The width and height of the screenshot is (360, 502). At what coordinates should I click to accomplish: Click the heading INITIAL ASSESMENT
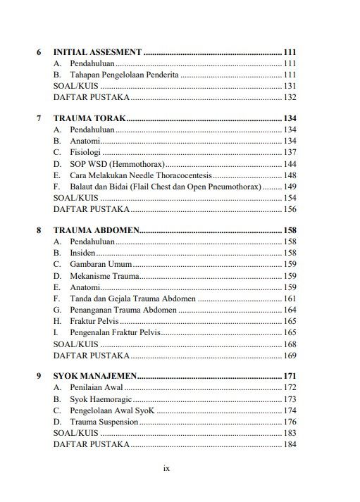tap(98, 52)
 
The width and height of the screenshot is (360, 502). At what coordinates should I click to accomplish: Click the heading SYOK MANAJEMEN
tap(95, 377)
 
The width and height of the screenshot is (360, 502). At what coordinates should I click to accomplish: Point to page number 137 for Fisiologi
tap(290, 152)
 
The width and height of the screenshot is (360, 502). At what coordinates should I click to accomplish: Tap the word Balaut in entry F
tap(82, 187)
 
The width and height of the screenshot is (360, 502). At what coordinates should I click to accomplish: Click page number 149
tap(290, 187)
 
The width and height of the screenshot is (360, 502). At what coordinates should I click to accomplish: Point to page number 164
tap(290, 310)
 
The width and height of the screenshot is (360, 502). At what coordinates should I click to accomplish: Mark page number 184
tap(290, 444)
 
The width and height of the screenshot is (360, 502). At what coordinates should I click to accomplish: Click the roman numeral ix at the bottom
tap(167, 468)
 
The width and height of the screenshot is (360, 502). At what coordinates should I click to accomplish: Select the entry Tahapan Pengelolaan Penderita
tap(125, 75)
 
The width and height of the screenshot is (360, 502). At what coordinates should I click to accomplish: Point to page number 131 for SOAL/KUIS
tap(290, 86)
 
